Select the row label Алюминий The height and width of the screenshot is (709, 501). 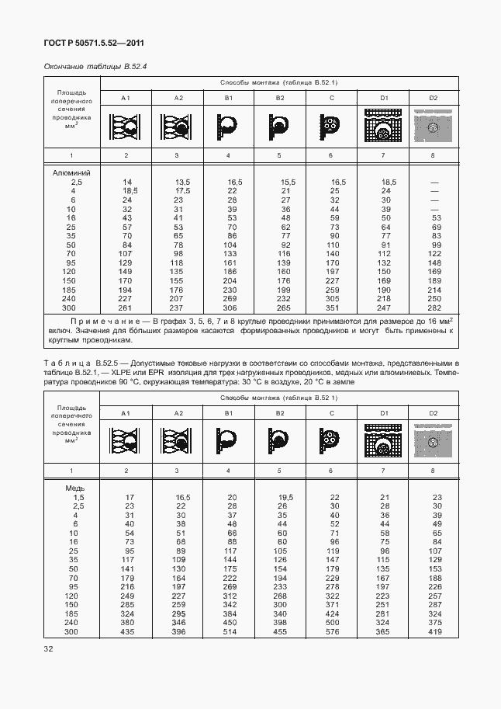pos(71,172)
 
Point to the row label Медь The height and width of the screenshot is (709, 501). pos(74,488)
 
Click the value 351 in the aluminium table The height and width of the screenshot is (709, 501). pos(333,308)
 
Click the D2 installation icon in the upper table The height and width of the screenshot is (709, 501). pos(434,123)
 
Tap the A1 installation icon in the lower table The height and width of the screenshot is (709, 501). pos(126,441)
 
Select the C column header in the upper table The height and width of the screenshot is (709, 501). pos(331,97)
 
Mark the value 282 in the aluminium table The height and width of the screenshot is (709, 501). pos(434,308)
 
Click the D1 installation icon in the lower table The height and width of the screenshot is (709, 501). pos(382,441)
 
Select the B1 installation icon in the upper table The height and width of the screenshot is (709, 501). pos(229,123)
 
